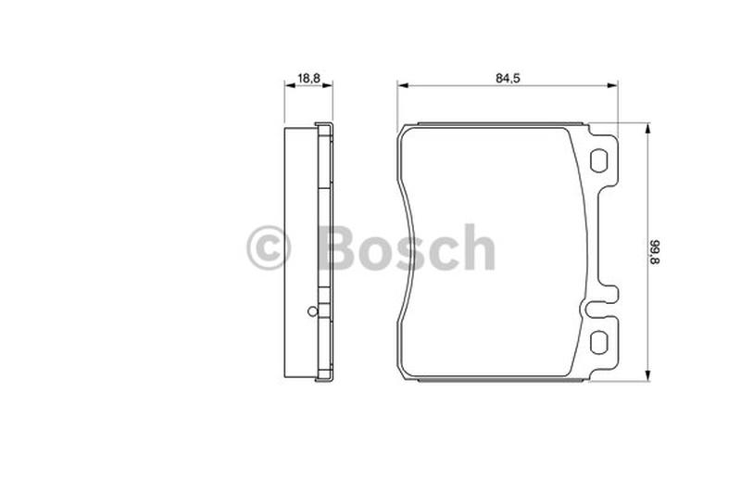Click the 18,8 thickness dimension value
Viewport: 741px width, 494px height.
coord(309,78)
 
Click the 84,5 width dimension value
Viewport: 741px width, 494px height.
coord(508,78)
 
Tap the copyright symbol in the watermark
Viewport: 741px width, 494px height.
coord(269,247)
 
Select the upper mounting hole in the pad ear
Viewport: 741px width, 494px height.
coord(599,160)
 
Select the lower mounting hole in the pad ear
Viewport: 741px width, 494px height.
coord(599,341)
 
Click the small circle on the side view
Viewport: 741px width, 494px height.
coord(313,311)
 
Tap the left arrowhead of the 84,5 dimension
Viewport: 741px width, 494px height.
coord(403,85)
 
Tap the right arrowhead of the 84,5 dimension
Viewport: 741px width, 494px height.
coord(612,85)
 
